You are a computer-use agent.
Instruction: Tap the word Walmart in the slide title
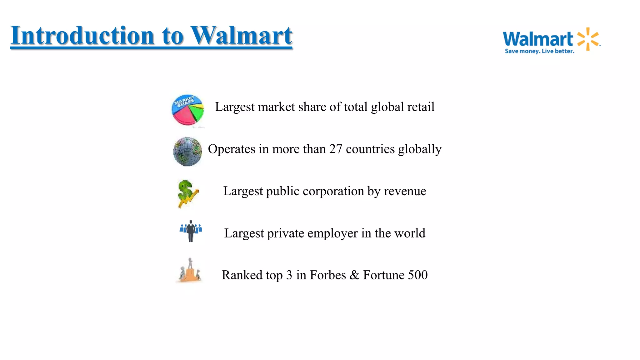click(x=242, y=35)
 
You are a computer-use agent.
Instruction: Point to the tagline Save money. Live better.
click(x=539, y=51)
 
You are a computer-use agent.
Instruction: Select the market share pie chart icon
click(x=187, y=110)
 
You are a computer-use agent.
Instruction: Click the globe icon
click(x=187, y=152)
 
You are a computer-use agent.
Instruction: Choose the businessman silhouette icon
click(x=191, y=231)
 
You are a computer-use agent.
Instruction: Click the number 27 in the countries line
click(x=336, y=149)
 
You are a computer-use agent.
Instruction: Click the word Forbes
click(x=328, y=275)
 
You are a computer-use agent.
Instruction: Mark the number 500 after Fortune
click(x=418, y=275)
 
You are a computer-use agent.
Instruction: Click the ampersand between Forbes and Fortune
click(x=354, y=275)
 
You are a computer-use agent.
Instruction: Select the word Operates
click(x=232, y=149)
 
